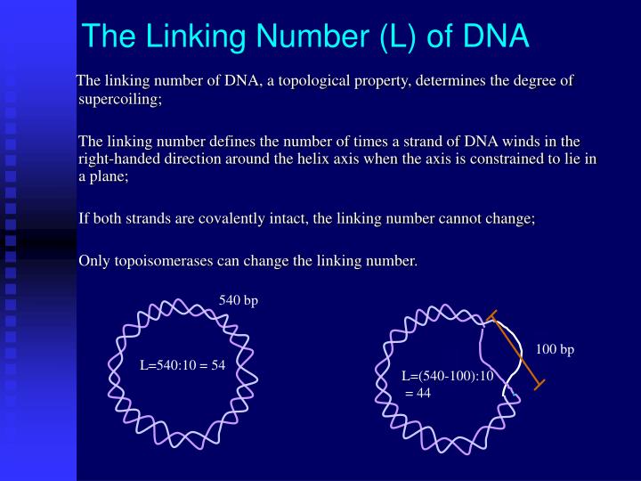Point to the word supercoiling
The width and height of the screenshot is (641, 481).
(x=119, y=99)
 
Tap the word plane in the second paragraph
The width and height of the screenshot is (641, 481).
(x=110, y=176)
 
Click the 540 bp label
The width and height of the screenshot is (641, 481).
(x=239, y=300)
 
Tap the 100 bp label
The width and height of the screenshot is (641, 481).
(x=555, y=350)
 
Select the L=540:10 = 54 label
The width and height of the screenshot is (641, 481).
(x=182, y=365)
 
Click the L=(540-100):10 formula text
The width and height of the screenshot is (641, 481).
(x=447, y=376)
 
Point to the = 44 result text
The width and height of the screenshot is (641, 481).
(x=418, y=393)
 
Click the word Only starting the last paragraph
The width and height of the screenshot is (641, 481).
(x=94, y=261)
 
